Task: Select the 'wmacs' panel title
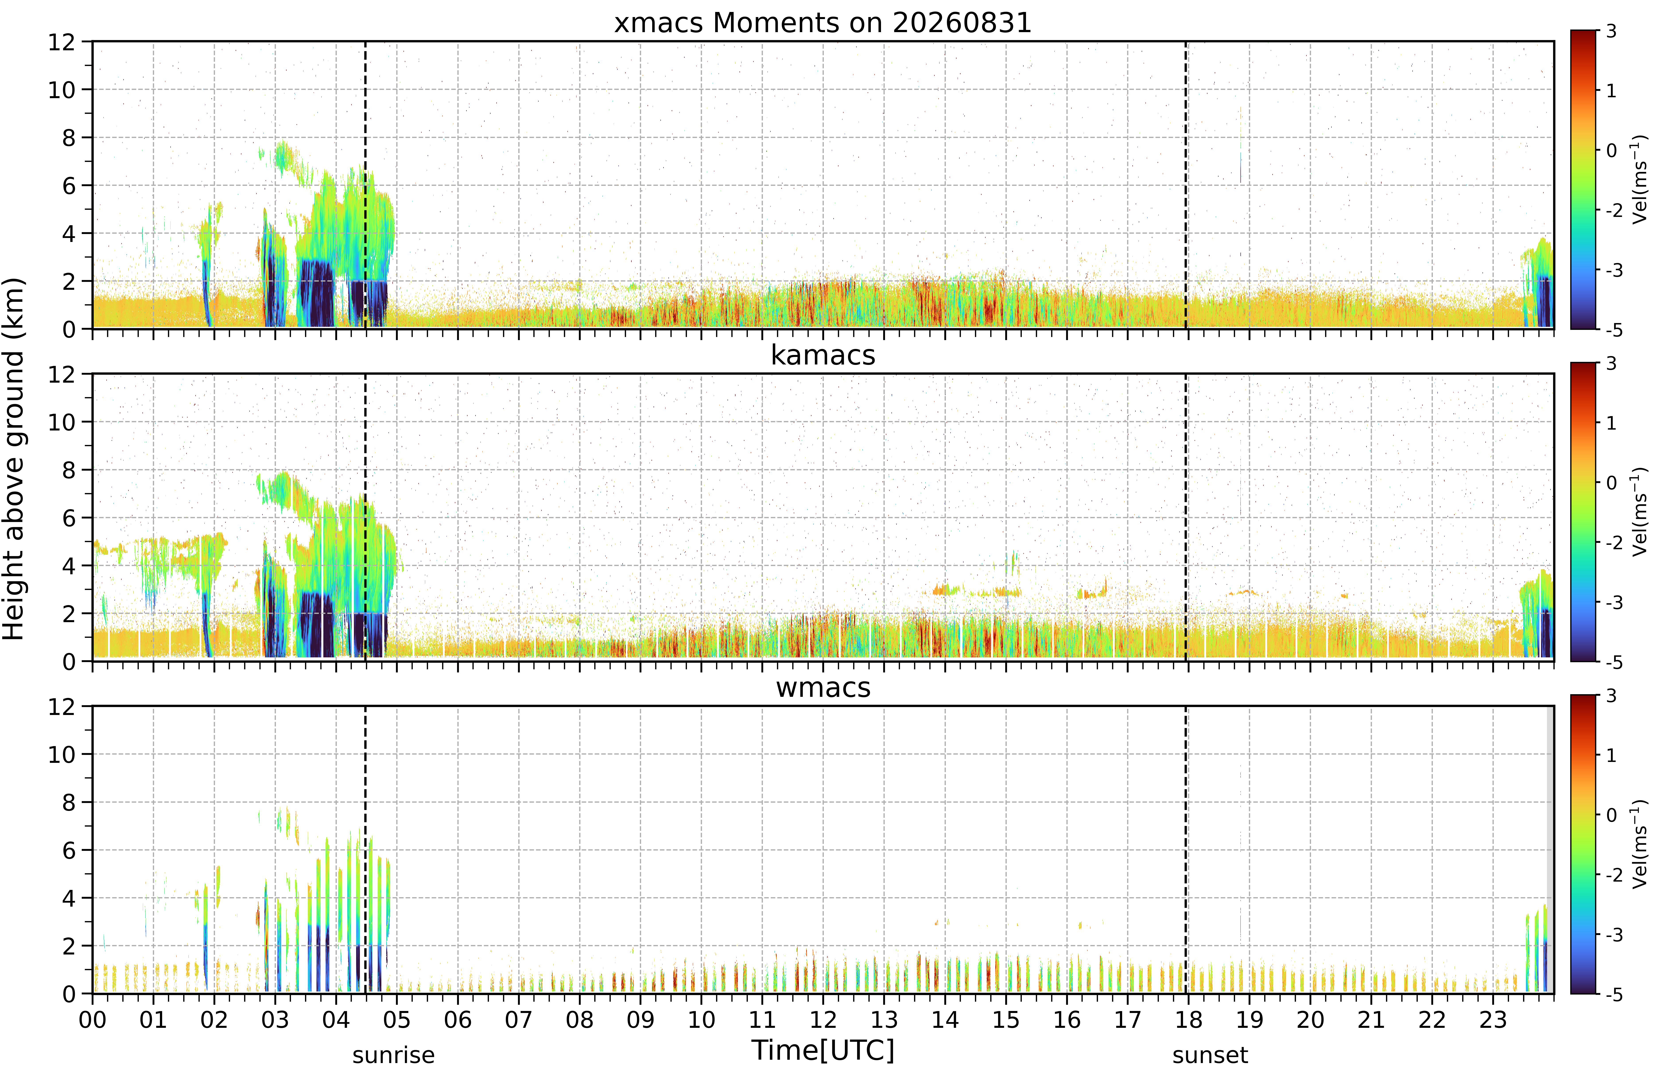point(823,688)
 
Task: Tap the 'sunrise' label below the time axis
point(394,1055)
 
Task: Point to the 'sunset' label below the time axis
point(1210,1055)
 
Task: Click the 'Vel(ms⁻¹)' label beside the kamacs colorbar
point(1640,512)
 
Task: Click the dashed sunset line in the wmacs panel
point(1186,850)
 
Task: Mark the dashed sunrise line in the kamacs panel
point(365,518)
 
